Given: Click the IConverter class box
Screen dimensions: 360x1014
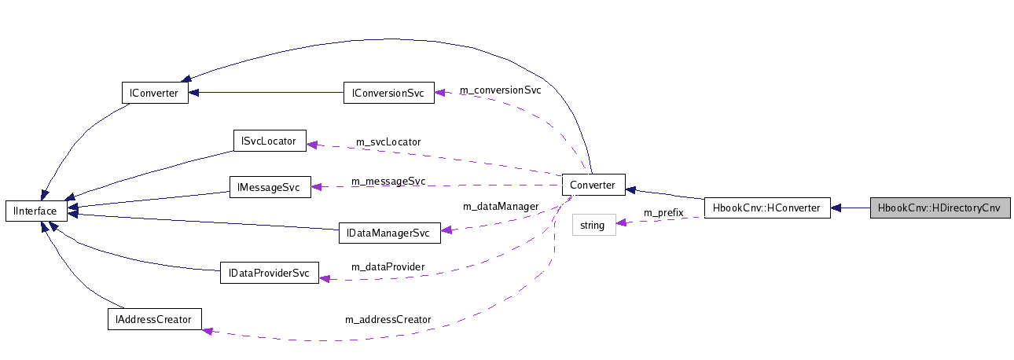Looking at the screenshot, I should [x=155, y=93].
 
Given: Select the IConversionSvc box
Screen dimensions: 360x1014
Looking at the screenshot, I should [x=388, y=93].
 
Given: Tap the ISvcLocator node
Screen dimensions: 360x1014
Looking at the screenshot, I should [x=270, y=141].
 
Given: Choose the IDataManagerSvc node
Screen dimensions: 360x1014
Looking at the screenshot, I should [x=388, y=233].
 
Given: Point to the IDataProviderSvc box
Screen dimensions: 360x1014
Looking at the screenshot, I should [x=270, y=274].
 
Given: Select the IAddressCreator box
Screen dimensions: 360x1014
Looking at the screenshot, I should [x=154, y=319].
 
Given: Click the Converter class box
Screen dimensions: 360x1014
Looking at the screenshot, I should [x=593, y=186].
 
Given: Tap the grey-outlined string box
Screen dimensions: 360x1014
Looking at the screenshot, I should [x=593, y=226].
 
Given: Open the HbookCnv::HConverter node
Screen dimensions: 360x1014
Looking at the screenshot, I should [x=766, y=208].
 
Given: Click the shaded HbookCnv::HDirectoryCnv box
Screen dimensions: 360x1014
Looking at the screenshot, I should [x=939, y=208].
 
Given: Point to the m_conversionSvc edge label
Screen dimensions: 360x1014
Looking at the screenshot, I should [x=500, y=90].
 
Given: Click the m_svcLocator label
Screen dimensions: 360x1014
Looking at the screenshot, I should [x=388, y=141].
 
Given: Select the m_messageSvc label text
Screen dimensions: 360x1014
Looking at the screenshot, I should [x=388, y=181].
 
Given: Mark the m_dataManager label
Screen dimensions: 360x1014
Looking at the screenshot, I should [x=501, y=206].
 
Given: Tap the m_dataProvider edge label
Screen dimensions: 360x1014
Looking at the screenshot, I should [x=388, y=266].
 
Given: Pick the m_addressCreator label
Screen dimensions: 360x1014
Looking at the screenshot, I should [x=388, y=319].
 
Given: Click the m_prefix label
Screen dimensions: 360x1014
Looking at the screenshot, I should [x=663, y=212].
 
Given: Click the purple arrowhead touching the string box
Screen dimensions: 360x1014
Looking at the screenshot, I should [x=622, y=223].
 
